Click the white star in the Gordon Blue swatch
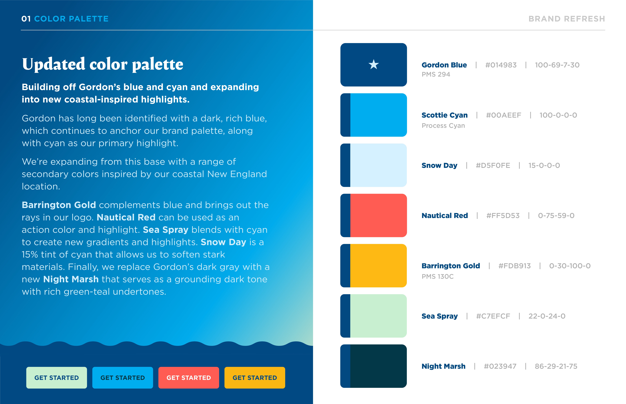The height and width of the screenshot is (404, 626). click(x=373, y=64)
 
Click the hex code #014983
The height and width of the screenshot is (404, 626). click(x=501, y=65)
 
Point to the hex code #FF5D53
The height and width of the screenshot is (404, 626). click(x=503, y=216)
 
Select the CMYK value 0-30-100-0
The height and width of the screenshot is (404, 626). click(x=570, y=266)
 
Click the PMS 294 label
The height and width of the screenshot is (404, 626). click(x=436, y=74)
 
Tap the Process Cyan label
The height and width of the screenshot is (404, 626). click(x=443, y=126)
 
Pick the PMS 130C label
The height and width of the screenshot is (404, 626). click(x=438, y=277)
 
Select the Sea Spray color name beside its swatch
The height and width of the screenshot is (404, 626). click(x=439, y=316)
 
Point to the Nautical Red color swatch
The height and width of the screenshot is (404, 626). click(x=378, y=215)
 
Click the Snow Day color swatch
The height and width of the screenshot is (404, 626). click(x=378, y=165)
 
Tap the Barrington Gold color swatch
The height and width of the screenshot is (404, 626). click(x=378, y=266)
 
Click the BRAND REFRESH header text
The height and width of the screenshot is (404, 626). click(x=566, y=19)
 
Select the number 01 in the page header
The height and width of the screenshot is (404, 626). click(x=26, y=19)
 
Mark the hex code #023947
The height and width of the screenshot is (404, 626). click(x=500, y=366)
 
